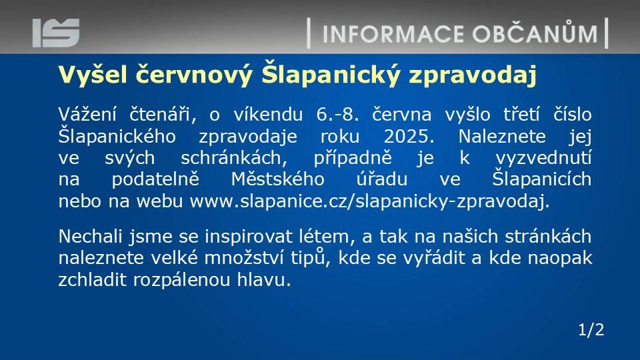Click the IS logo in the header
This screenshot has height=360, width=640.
pos(56,33)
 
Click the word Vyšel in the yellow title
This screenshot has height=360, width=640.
pos(93,74)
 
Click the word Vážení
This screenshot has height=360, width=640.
pos(89,114)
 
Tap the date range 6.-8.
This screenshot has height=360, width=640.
pos(337,115)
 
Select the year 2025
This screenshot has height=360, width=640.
pos(409,136)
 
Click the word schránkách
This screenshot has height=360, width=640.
pos(234,158)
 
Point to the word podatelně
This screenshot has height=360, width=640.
pos(155,179)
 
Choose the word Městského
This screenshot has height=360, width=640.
pos(277,179)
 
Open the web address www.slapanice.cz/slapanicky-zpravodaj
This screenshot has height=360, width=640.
pos(370,201)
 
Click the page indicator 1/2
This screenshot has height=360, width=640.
pos(591,330)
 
